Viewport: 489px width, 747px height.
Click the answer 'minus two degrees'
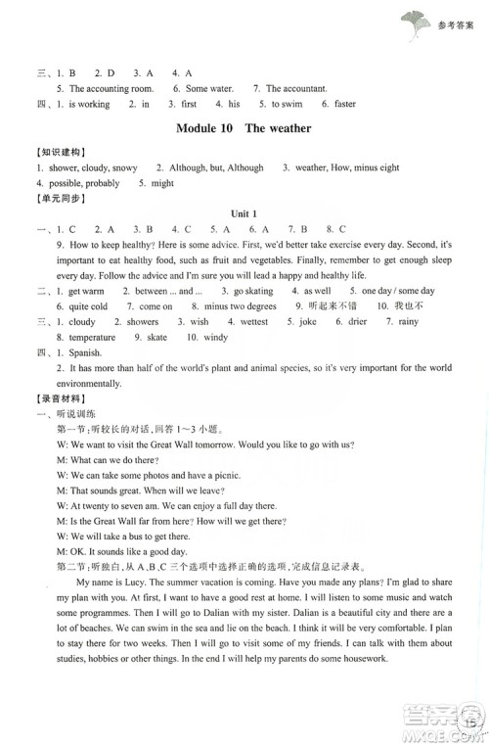tap(239, 306)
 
